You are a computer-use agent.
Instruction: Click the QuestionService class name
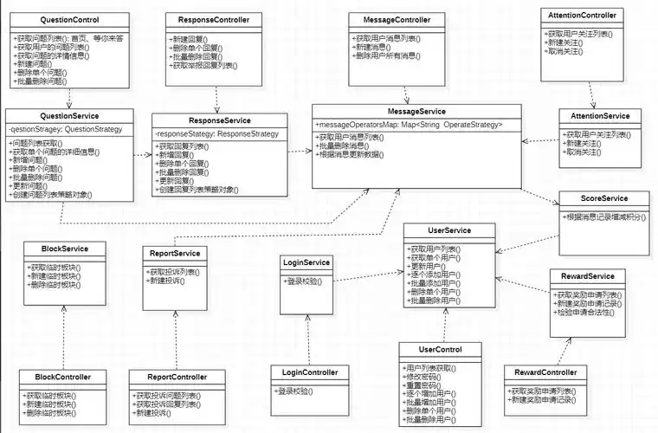[69, 116]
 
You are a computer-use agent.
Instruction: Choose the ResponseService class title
[213, 120]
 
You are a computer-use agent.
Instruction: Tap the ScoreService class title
[603, 199]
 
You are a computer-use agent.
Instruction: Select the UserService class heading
[449, 230]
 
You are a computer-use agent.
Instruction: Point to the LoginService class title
[306, 262]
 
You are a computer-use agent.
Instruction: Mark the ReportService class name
[176, 254]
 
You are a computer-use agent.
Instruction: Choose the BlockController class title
[63, 378]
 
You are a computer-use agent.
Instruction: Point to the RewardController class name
[552, 372]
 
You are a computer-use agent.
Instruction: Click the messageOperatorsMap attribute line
[409, 125]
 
